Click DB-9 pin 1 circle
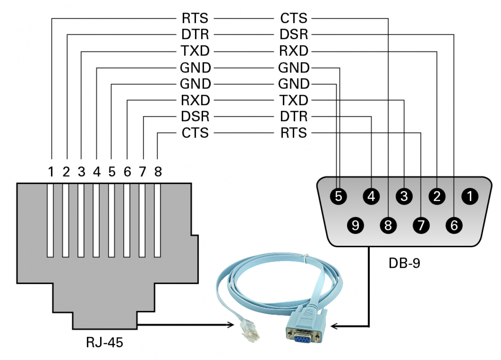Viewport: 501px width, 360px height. pyautogui.click(x=470, y=196)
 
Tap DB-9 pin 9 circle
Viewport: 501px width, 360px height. pyautogui.click(x=355, y=225)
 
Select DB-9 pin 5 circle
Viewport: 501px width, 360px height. pyautogui.click(x=338, y=196)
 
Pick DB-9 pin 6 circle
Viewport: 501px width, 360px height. pyautogui.click(x=454, y=225)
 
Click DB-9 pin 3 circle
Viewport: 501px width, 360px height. pyautogui.click(x=404, y=196)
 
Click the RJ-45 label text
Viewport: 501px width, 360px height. pyautogui.click(x=105, y=342)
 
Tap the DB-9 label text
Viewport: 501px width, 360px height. pyautogui.click(x=404, y=263)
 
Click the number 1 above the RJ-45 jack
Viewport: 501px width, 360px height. pyautogui.click(x=51, y=172)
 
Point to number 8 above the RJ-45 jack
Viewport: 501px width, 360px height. pyautogui.click(x=158, y=172)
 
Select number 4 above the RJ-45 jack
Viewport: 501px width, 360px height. pyautogui.click(x=97, y=172)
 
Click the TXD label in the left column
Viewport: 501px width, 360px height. pyautogui.click(x=195, y=51)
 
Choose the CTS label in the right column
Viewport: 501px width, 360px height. pyautogui.click(x=294, y=18)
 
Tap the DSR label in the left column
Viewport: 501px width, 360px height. pyautogui.click(x=195, y=116)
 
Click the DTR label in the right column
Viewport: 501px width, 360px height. pyautogui.click(x=294, y=116)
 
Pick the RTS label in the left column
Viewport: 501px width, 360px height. pyautogui.click(x=195, y=18)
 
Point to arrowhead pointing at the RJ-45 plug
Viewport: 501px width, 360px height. pyautogui.click(x=231, y=325)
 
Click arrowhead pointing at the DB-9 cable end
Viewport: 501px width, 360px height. pyautogui.click(x=334, y=326)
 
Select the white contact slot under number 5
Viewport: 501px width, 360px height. pyautogui.click(x=111, y=220)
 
